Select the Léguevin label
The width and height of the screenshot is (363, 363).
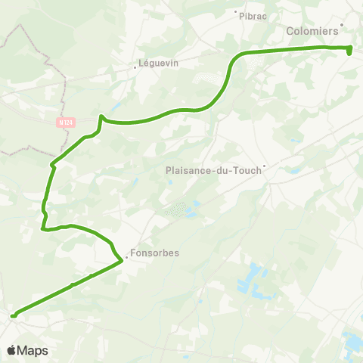[159, 64]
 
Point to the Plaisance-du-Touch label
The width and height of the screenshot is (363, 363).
[213, 170]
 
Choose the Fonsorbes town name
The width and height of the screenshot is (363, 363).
[154, 253]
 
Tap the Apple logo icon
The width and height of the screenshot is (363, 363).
[12, 350]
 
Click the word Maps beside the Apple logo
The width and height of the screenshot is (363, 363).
[33, 350]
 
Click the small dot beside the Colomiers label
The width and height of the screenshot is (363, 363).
[343, 24]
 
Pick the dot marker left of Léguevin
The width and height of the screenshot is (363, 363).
[135, 67]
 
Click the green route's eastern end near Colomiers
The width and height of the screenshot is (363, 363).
[350, 51]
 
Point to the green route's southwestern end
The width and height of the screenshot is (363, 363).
[13, 315]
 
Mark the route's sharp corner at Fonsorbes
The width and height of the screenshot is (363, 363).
[122, 261]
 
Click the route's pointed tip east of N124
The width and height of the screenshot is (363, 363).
[101, 116]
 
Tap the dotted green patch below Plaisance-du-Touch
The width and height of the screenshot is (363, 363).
[176, 208]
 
